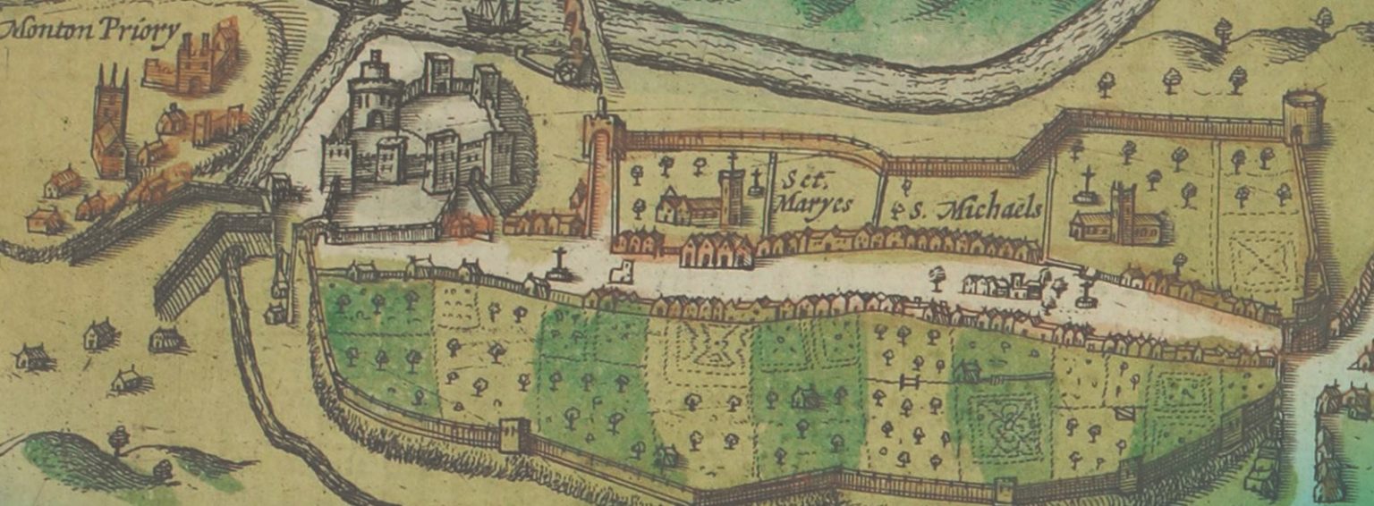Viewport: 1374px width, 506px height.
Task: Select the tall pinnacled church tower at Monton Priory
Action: tap(111, 121)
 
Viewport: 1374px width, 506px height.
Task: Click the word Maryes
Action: tap(813, 204)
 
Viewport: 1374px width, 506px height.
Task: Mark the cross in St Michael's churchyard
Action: tap(1088, 183)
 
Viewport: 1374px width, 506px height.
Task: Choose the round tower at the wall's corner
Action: tap(1302, 116)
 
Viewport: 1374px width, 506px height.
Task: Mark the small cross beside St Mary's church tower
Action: tap(757, 182)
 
